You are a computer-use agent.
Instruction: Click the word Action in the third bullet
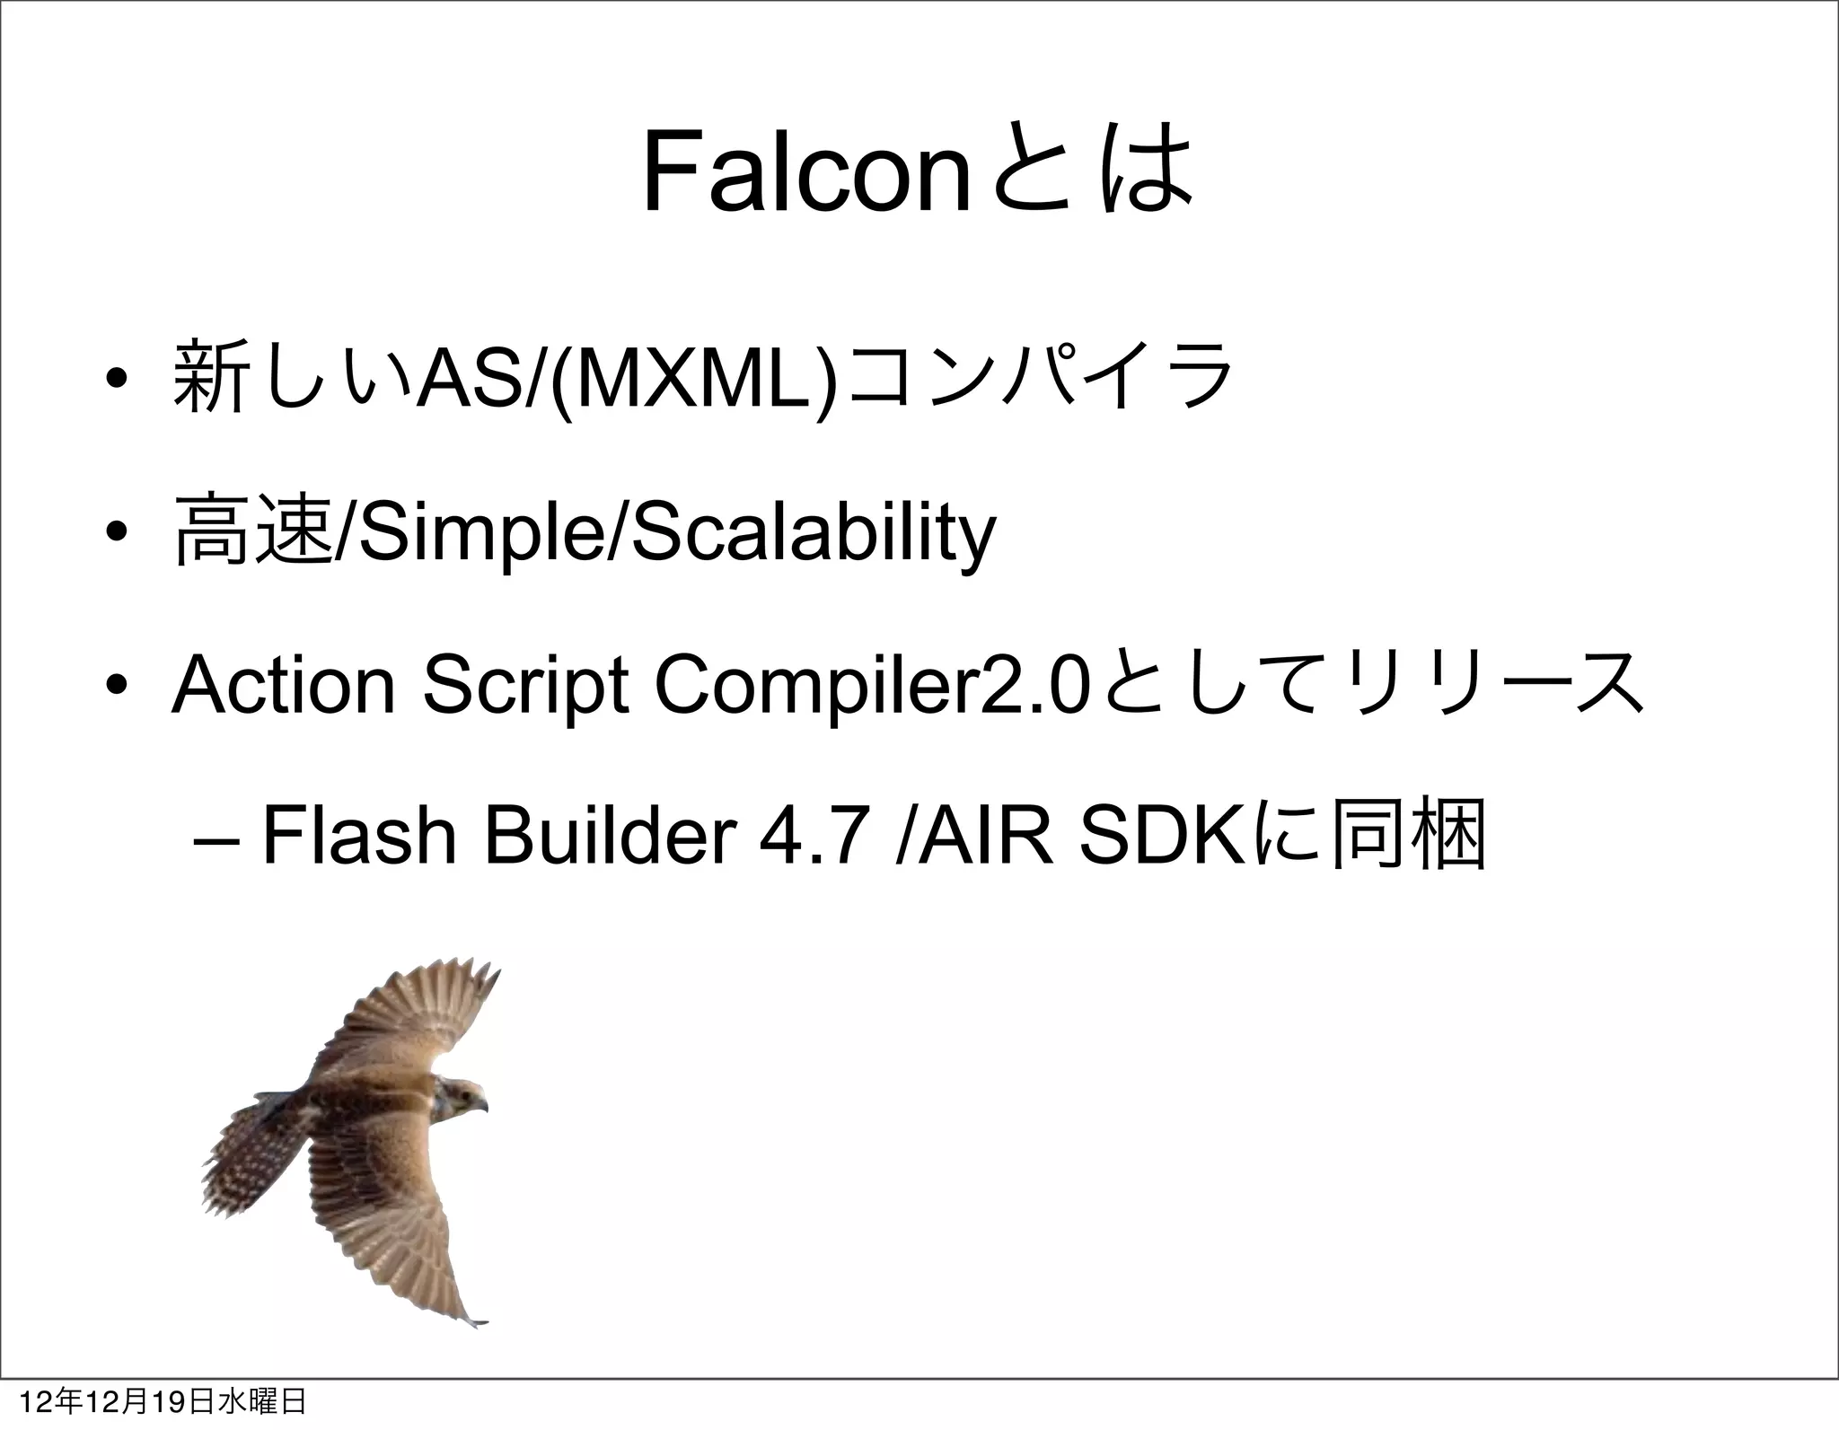(283, 687)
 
